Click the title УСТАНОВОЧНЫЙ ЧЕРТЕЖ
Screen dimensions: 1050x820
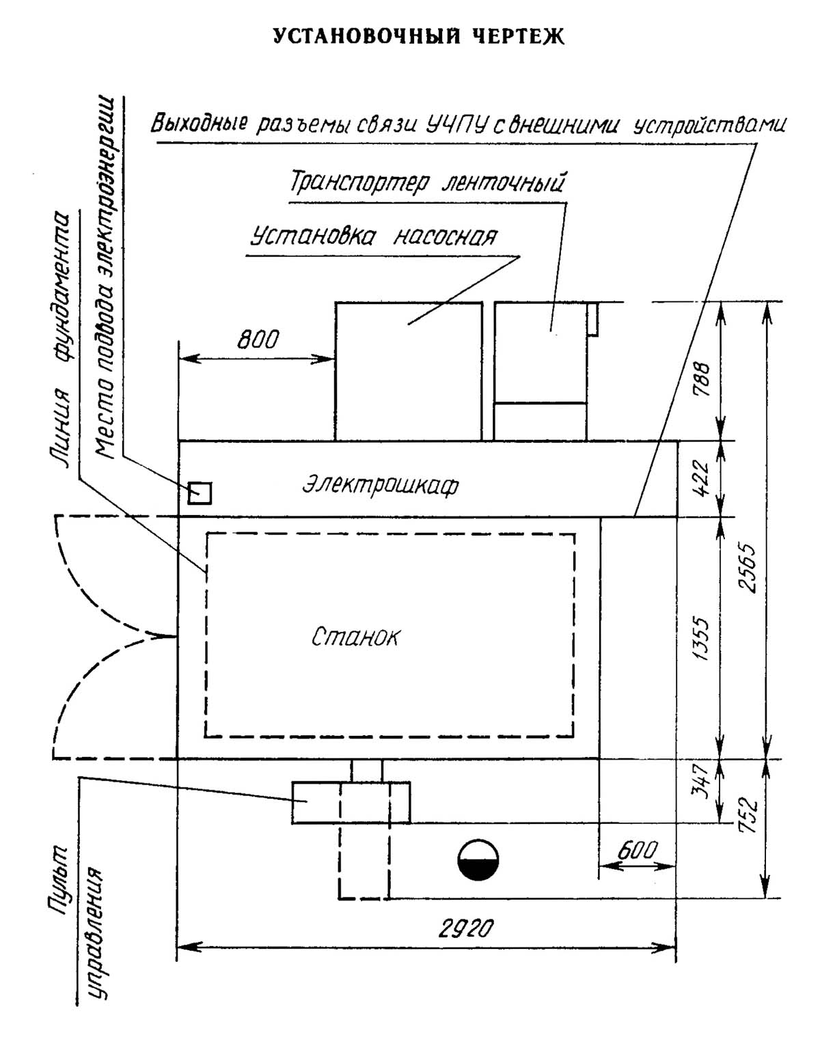[419, 36]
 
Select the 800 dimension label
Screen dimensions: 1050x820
[258, 339]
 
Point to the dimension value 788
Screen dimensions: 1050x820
[701, 378]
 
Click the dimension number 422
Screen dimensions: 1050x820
[701, 478]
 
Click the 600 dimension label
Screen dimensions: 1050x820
[637, 851]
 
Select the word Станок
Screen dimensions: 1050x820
[355, 637]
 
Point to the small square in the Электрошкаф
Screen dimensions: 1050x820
[200, 493]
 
